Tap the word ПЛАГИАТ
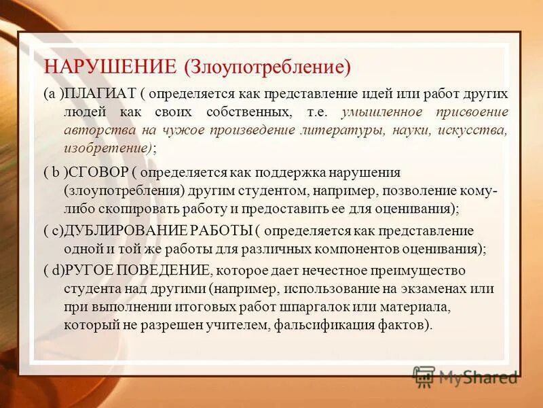100,95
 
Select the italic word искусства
473,129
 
